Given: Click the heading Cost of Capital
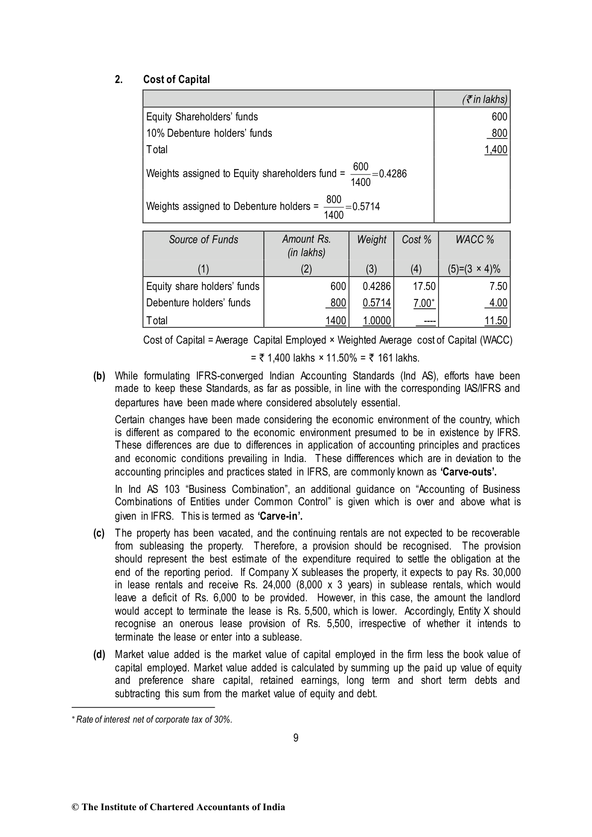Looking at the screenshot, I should [x=176, y=80].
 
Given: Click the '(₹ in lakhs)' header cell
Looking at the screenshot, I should [x=485, y=99].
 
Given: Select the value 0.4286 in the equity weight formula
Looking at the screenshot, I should [x=393, y=174].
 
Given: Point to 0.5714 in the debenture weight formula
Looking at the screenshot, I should [x=366, y=206].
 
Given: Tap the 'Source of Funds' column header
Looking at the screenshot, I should [x=203, y=240].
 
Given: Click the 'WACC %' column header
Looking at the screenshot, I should [x=474, y=240].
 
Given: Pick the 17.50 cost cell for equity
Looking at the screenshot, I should [x=424, y=286].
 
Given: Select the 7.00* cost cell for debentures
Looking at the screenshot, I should [x=424, y=303].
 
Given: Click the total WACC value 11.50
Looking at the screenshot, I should [x=496, y=321].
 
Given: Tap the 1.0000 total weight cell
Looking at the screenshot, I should [x=376, y=321].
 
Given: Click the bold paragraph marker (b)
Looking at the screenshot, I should [x=99, y=376].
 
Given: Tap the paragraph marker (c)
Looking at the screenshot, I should [x=99, y=533].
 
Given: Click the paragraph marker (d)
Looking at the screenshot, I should [x=99, y=654].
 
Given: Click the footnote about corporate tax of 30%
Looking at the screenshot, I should [x=154, y=720].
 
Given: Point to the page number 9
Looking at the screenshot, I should [x=296, y=738].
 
